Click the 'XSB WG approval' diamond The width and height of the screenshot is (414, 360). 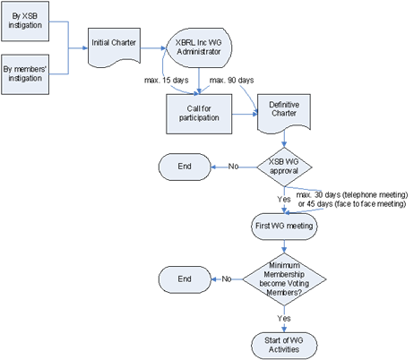pyautogui.click(x=283, y=167)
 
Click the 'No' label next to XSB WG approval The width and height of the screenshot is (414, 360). pyautogui.click(x=233, y=167)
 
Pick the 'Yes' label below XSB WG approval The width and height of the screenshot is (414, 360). pyautogui.click(x=283, y=200)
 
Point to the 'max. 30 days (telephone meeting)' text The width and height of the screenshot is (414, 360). pyautogui.click(x=351, y=195)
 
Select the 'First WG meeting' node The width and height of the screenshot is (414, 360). pyautogui.click(x=282, y=227)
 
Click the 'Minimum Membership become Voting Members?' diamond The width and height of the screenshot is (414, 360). pyautogui.click(x=283, y=278)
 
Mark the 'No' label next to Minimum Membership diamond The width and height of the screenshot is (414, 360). pyautogui.click(x=227, y=279)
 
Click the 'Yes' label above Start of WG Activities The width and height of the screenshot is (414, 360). pyautogui.click(x=283, y=317)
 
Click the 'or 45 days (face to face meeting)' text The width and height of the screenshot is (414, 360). pyautogui.click(x=351, y=205)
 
